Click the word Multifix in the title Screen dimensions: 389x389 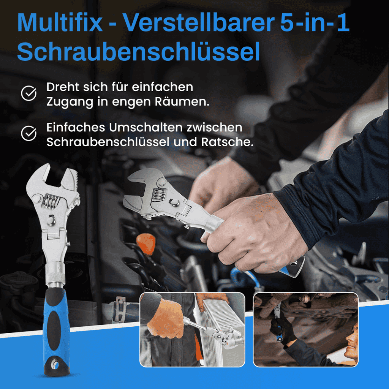pyautogui.click(x=60, y=22)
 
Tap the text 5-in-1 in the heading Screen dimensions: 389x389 pyautogui.click(x=315, y=22)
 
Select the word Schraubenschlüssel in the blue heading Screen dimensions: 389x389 pyautogui.click(x=138, y=52)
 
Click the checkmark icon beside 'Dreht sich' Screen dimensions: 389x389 pyautogui.click(x=29, y=93)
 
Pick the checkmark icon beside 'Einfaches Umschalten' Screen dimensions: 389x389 pyautogui.click(x=29, y=133)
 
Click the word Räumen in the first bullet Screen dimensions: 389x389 pyautogui.click(x=182, y=101)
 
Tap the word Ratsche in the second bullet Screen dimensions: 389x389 pyautogui.click(x=227, y=142)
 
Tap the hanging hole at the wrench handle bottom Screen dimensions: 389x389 pyautogui.click(x=55, y=365)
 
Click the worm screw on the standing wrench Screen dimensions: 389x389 pyautogui.click(x=51, y=201)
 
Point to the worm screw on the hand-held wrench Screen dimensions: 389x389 pyautogui.click(x=158, y=195)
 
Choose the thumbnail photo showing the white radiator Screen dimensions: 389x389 pyautogui.click(x=192, y=329)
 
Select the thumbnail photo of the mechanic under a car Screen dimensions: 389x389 pyautogui.click(x=305, y=329)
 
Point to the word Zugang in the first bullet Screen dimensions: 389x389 pyautogui.click(x=70, y=102)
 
